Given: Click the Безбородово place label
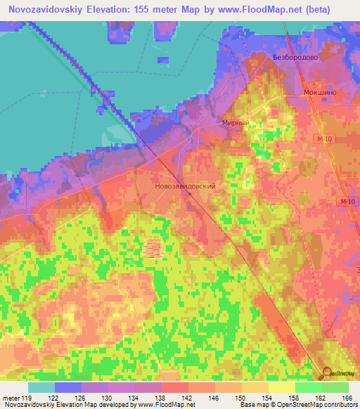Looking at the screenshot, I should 297,58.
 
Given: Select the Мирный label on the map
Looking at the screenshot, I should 236,122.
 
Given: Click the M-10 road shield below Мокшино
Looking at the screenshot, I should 323,140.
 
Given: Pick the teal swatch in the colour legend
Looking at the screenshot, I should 41,387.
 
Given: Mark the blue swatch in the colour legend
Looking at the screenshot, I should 68,387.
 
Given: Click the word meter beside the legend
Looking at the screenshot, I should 10,398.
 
